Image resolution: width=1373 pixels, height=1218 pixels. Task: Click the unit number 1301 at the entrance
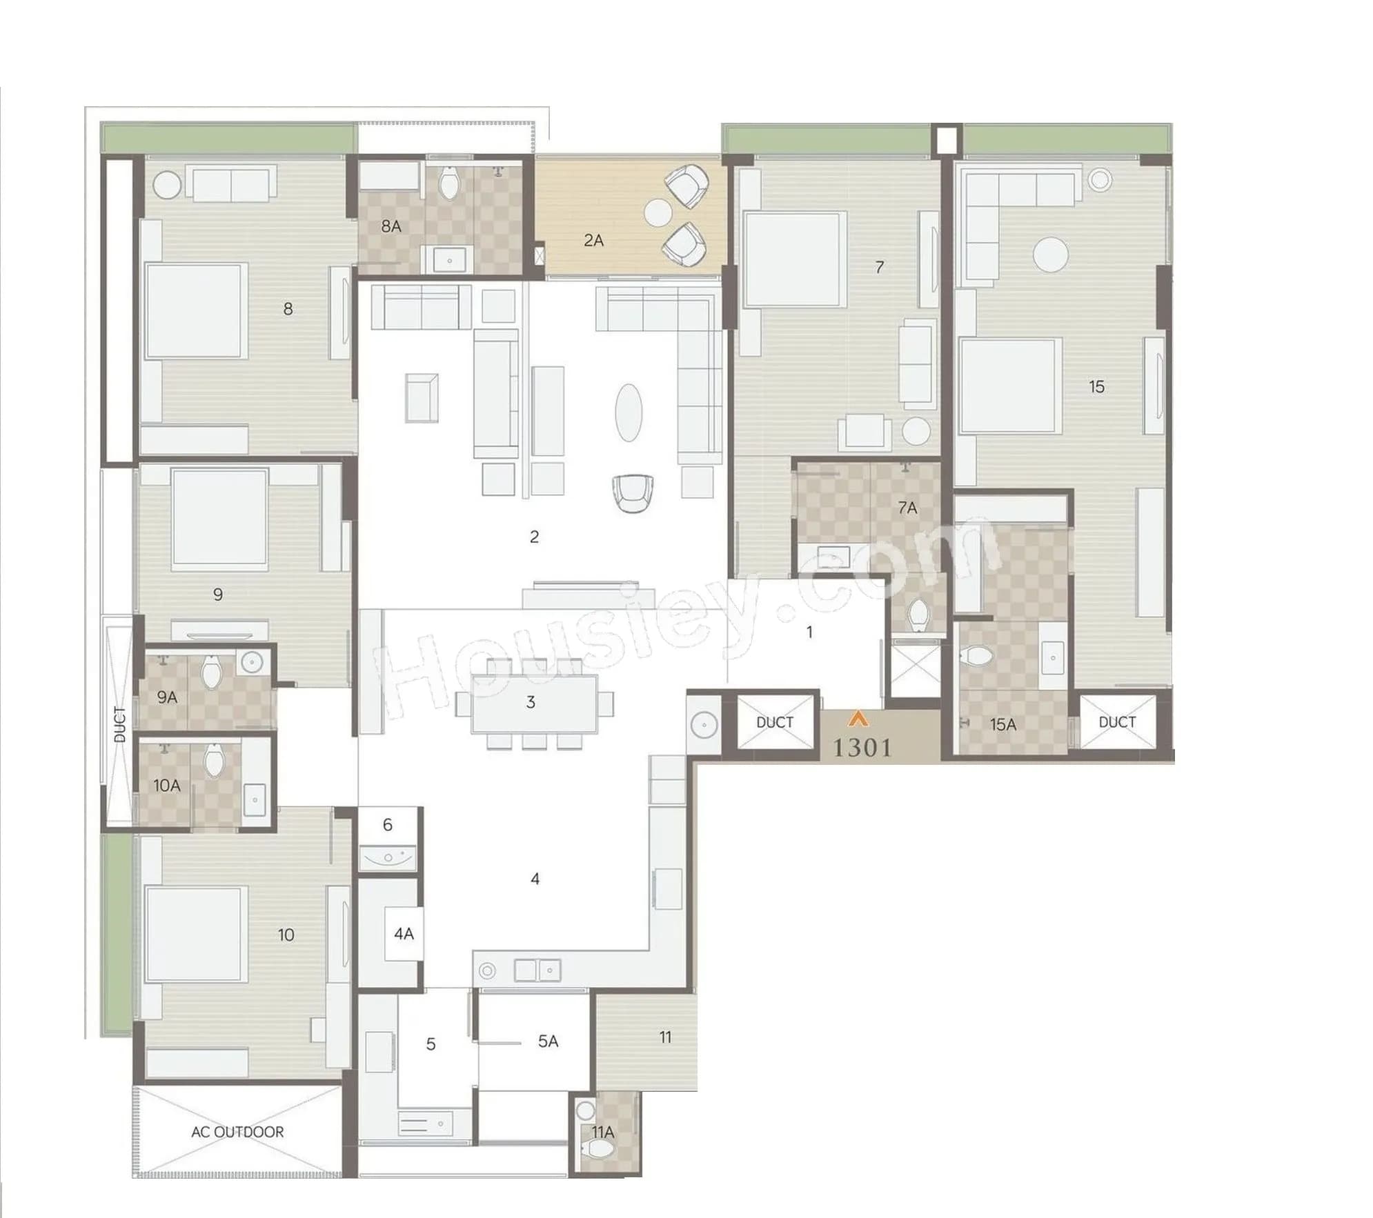click(x=862, y=748)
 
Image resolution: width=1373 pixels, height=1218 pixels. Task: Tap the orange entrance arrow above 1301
click(x=858, y=719)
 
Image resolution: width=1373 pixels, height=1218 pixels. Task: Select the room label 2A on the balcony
click(x=593, y=241)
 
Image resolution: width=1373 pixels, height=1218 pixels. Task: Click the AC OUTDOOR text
click(x=237, y=1132)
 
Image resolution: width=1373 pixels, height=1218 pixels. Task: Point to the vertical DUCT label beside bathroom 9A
click(x=120, y=724)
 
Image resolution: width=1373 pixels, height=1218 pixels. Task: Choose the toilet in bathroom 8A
click(x=450, y=183)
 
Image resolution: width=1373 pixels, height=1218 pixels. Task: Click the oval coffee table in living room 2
click(x=628, y=412)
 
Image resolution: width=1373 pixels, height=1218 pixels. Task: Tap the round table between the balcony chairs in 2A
click(x=658, y=212)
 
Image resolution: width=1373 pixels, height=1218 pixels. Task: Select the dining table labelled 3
click(x=534, y=703)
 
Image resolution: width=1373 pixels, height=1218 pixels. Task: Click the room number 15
click(x=1096, y=387)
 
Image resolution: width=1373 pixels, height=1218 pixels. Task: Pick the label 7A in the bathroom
click(x=907, y=508)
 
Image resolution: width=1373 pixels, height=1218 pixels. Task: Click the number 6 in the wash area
click(x=387, y=824)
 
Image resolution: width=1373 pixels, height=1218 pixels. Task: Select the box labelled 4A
click(x=403, y=934)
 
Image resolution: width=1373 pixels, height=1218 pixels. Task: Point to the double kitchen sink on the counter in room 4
click(x=537, y=970)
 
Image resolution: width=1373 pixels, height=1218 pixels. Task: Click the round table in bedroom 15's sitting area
click(x=1050, y=254)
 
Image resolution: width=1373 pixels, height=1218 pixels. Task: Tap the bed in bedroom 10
click(x=196, y=934)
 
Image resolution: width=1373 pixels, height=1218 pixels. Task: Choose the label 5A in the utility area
click(x=548, y=1041)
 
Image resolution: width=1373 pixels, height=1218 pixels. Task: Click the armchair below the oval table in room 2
click(x=632, y=492)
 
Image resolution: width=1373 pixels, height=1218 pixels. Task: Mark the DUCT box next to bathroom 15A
click(x=1116, y=722)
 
